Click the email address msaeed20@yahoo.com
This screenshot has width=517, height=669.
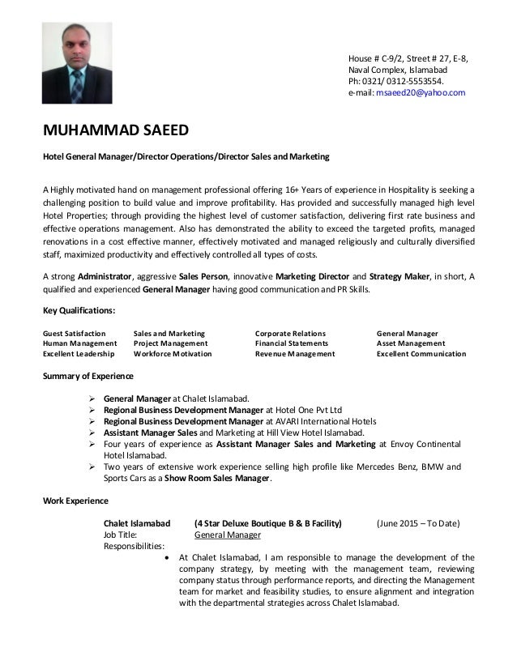(x=419, y=93)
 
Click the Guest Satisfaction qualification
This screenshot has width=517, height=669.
(x=74, y=333)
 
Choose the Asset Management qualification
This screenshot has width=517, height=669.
(x=412, y=343)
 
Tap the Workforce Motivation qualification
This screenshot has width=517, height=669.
(x=173, y=354)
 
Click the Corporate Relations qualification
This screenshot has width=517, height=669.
(x=290, y=333)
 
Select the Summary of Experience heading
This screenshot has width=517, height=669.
(x=88, y=377)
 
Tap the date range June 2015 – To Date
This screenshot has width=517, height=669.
(x=419, y=523)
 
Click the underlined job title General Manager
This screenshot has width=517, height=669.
(x=228, y=535)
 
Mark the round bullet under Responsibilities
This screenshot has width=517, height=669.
(x=167, y=557)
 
